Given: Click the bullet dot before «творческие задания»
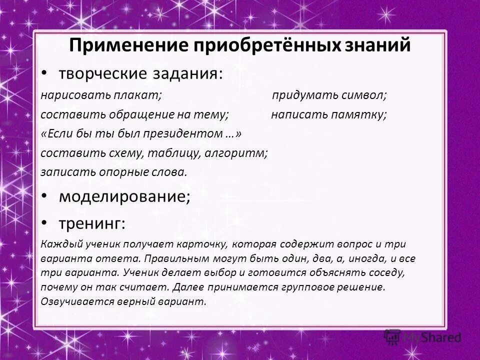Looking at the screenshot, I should pyautogui.click(x=44, y=73).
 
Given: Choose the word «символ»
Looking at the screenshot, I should pyautogui.click(x=363, y=95).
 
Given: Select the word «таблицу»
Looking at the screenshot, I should pyautogui.click(x=173, y=153).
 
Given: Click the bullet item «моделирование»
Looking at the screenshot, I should pyautogui.click(x=124, y=196).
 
